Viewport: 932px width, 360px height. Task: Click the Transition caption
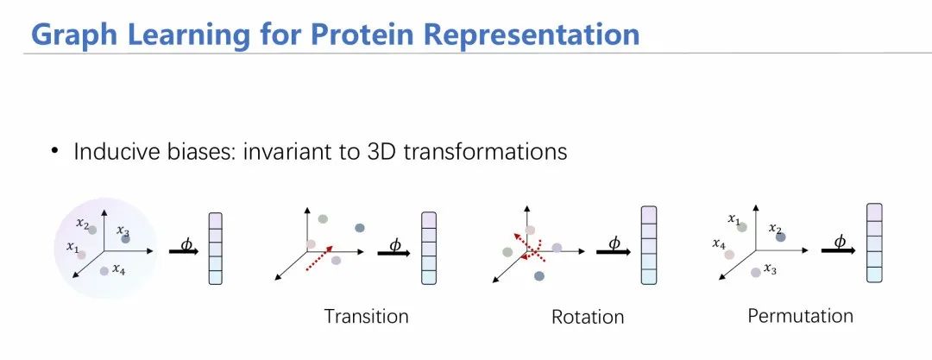coord(366,316)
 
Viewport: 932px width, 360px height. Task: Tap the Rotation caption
coord(588,317)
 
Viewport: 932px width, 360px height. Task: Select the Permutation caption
coord(800,315)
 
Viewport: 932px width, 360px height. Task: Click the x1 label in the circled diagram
coord(72,246)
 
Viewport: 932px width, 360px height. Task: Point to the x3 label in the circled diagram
coord(123,230)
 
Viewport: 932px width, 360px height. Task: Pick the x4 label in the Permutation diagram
coord(719,243)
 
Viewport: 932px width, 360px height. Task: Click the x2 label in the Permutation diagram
coord(775,228)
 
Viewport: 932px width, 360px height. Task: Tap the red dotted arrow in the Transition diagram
coord(318,257)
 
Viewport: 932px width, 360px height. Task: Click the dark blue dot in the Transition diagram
coord(360,228)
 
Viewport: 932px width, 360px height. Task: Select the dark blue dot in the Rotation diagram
coord(539,276)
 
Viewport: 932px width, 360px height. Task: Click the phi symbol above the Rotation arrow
coord(614,243)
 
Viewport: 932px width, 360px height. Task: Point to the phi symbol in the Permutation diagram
coord(840,241)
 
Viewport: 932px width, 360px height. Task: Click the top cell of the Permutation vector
coord(873,212)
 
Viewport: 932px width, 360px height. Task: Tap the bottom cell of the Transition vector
coord(429,277)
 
